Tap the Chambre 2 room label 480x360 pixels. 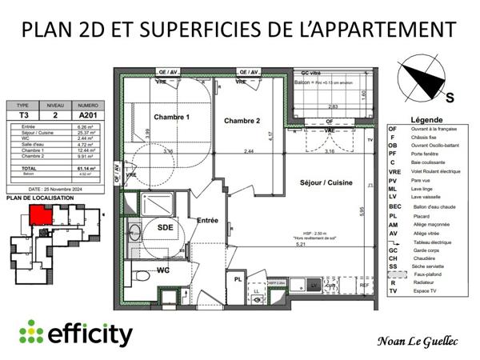tap(242, 122)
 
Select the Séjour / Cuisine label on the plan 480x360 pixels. tap(327, 182)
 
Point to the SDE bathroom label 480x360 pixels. tap(166, 227)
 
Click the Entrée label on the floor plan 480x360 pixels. tap(207, 220)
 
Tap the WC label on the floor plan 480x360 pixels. tap(162, 270)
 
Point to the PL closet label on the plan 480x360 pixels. tap(238, 280)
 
